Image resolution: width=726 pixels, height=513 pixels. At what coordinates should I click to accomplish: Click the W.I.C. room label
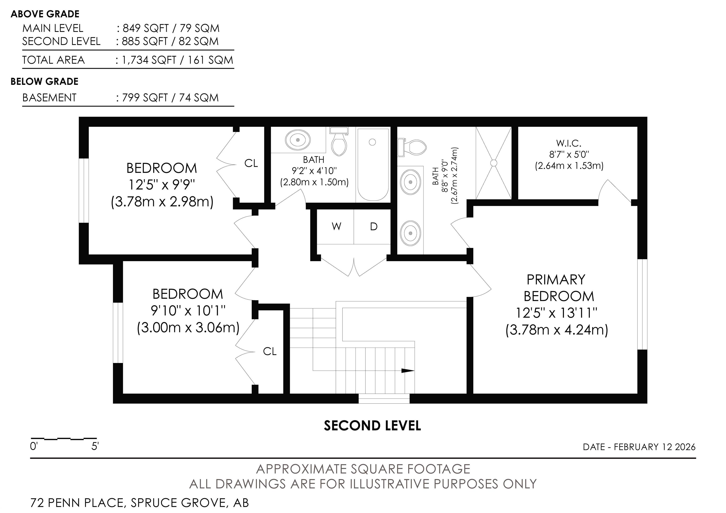point(569,143)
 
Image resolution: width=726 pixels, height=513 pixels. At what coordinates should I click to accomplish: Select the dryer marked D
point(372,227)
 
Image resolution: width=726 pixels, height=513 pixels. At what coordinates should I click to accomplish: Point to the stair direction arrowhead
point(408,371)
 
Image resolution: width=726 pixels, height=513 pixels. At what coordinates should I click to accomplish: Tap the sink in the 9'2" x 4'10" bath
point(298,139)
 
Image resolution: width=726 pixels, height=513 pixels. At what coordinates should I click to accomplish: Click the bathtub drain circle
point(372,142)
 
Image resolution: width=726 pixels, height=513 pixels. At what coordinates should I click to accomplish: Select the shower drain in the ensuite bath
point(494,163)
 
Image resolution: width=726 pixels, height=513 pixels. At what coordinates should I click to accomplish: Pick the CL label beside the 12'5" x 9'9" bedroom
point(251,164)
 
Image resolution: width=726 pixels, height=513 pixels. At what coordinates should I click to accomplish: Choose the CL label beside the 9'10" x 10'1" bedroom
point(270,351)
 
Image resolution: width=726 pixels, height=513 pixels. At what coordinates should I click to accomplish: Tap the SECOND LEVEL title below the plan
point(372,426)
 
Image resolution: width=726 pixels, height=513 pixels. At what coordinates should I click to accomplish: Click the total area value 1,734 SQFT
point(149,60)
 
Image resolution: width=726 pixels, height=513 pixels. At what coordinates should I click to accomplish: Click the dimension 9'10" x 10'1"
point(188,311)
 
